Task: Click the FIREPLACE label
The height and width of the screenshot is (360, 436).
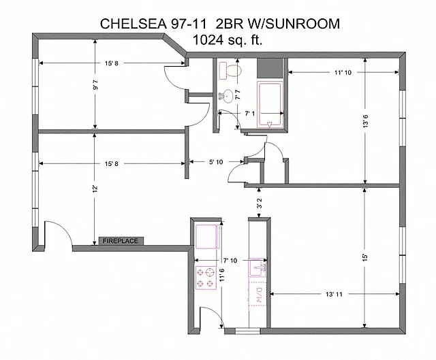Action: tap(121, 241)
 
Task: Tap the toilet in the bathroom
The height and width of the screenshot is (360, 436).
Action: tap(230, 71)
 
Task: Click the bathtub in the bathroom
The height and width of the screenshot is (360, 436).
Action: tap(270, 104)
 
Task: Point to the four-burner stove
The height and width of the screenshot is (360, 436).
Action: tap(206, 278)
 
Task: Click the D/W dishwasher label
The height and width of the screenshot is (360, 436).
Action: tap(259, 295)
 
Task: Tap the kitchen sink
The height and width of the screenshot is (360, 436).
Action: tap(258, 267)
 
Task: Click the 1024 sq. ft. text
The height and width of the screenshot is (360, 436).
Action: tap(228, 39)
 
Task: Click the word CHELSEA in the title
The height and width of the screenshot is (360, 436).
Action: tap(134, 24)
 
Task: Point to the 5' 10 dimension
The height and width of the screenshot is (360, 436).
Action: tap(216, 162)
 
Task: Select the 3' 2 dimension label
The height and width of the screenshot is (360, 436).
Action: tap(259, 203)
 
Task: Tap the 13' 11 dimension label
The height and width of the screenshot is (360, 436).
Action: tap(334, 294)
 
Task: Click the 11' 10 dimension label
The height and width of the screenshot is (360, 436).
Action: tap(343, 73)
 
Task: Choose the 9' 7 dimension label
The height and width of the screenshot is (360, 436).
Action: tap(95, 84)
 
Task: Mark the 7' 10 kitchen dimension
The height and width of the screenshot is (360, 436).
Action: tap(230, 260)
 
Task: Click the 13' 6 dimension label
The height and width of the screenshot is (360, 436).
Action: tap(365, 121)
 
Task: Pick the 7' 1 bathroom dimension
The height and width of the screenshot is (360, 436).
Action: tap(250, 114)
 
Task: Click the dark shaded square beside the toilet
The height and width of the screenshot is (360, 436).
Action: tap(270, 68)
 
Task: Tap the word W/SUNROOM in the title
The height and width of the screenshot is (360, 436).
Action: tap(294, 24)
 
